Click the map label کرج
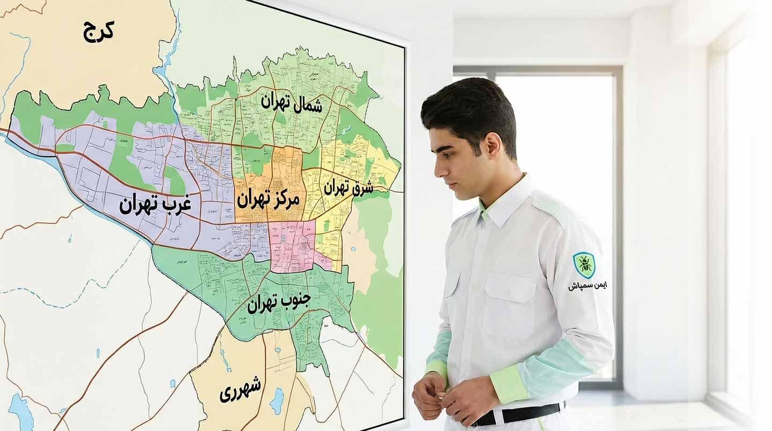tap(99, 31)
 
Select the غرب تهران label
tap(155, 204)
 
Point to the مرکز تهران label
tap(268, 199)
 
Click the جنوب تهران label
tap(279, 303)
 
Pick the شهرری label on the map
tap(240, 390)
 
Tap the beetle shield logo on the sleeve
tap(584, 265)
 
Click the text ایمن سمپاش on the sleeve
tap(588, 286)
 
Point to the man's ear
tap(492, 146)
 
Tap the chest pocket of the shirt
tap(509, 306)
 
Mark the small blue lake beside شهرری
tap(277, 399)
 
